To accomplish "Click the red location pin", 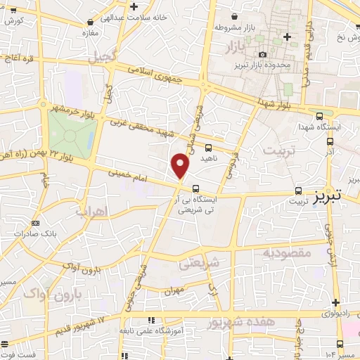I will click(181, 166).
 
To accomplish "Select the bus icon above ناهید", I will click(207, 148).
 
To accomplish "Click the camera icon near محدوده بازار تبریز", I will click(262, 54).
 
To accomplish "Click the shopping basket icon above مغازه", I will click(89, 22).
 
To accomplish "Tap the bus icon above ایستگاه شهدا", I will click(320, 116).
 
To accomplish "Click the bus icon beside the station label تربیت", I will click(300, 191).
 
